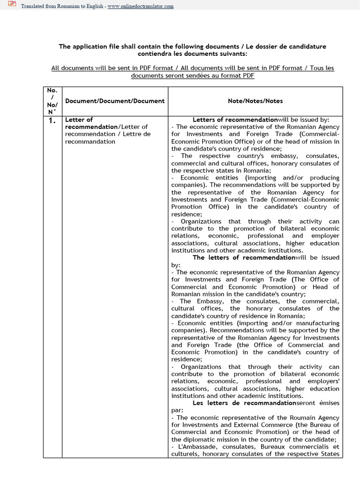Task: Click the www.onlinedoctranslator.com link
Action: [x=141, y=6]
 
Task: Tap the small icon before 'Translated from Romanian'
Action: [x=12, y=5]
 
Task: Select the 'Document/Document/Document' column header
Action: [x=115, y=101]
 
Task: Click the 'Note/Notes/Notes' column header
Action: [x=255, y=101]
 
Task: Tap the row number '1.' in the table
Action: [x=52, y=121]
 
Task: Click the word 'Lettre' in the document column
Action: [x=140, y=134]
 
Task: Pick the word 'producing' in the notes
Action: [x=323, y=178]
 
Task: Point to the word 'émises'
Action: [x=327, y=403]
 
